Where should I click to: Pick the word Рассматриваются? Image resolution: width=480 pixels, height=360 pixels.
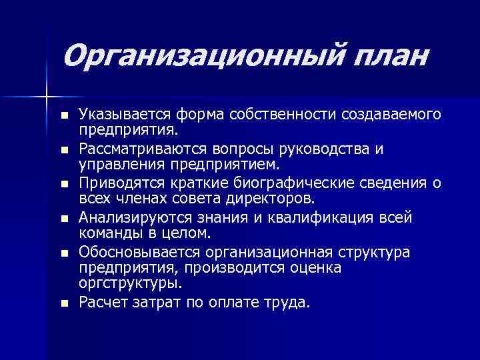coord(136,149)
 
